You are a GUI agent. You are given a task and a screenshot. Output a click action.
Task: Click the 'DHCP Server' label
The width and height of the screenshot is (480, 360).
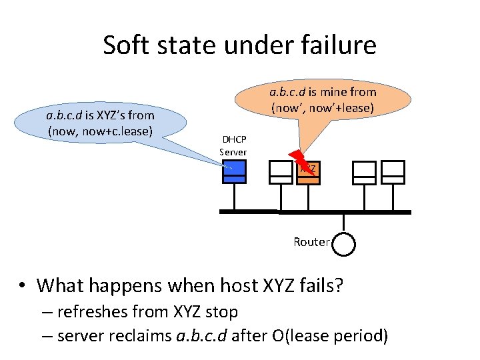(234, 146)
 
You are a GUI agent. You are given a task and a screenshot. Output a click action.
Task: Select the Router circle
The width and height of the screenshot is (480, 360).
(344, 243)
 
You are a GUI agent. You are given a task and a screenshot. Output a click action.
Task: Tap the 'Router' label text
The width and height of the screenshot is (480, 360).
(311, 242)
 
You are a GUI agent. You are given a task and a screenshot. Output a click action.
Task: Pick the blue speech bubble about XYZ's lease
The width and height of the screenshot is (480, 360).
(100, 123)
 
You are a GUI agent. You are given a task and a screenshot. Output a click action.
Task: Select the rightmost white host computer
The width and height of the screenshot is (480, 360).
(394, 172)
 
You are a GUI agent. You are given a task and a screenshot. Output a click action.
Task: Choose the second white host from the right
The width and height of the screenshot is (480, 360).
(364, 172)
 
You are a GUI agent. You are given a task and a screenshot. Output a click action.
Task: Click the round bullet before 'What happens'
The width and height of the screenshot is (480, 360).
(22, 285)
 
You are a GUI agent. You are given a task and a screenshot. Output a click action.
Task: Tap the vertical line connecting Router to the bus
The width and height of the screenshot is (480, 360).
(344, 222)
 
